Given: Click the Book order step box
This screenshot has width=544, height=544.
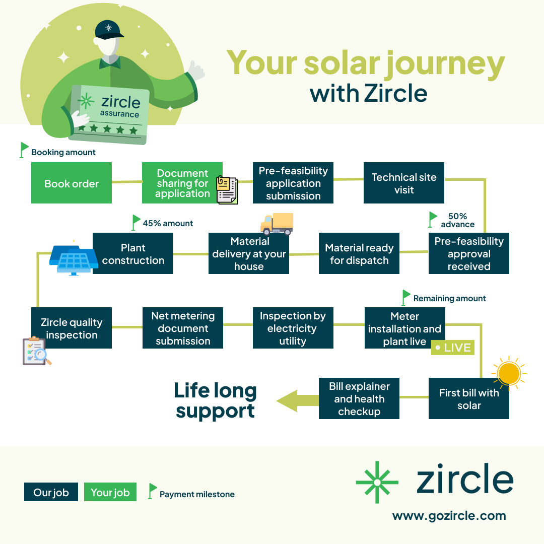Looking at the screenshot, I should [72, 183].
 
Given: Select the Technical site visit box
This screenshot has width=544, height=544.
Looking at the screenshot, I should [403, 183].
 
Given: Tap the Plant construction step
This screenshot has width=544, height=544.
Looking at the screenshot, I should [133, 254].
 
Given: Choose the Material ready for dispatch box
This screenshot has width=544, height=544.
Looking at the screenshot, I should [359, 254].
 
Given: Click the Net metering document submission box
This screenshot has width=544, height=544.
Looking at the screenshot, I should [182, 328].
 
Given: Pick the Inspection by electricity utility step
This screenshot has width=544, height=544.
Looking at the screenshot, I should [293, 328].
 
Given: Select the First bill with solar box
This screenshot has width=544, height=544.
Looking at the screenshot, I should [468, 399].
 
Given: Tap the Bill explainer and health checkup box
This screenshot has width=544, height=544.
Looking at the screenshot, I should [359, 399].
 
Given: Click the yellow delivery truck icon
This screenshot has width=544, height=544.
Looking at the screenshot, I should [277, 224].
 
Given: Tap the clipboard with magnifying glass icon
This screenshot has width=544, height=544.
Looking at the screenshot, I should [36, 351].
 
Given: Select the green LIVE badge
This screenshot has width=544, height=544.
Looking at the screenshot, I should [453, 348].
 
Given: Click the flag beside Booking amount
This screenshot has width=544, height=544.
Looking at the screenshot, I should [24, 150].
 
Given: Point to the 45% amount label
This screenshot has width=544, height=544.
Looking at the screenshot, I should [168, 223].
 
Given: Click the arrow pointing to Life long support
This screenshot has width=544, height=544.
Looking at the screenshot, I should [297, 400].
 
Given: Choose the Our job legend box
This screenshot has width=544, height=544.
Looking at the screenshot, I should [51, 492].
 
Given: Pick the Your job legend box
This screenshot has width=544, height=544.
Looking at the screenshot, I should [110, 492].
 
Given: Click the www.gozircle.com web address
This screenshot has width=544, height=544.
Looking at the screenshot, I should [449, 516].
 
